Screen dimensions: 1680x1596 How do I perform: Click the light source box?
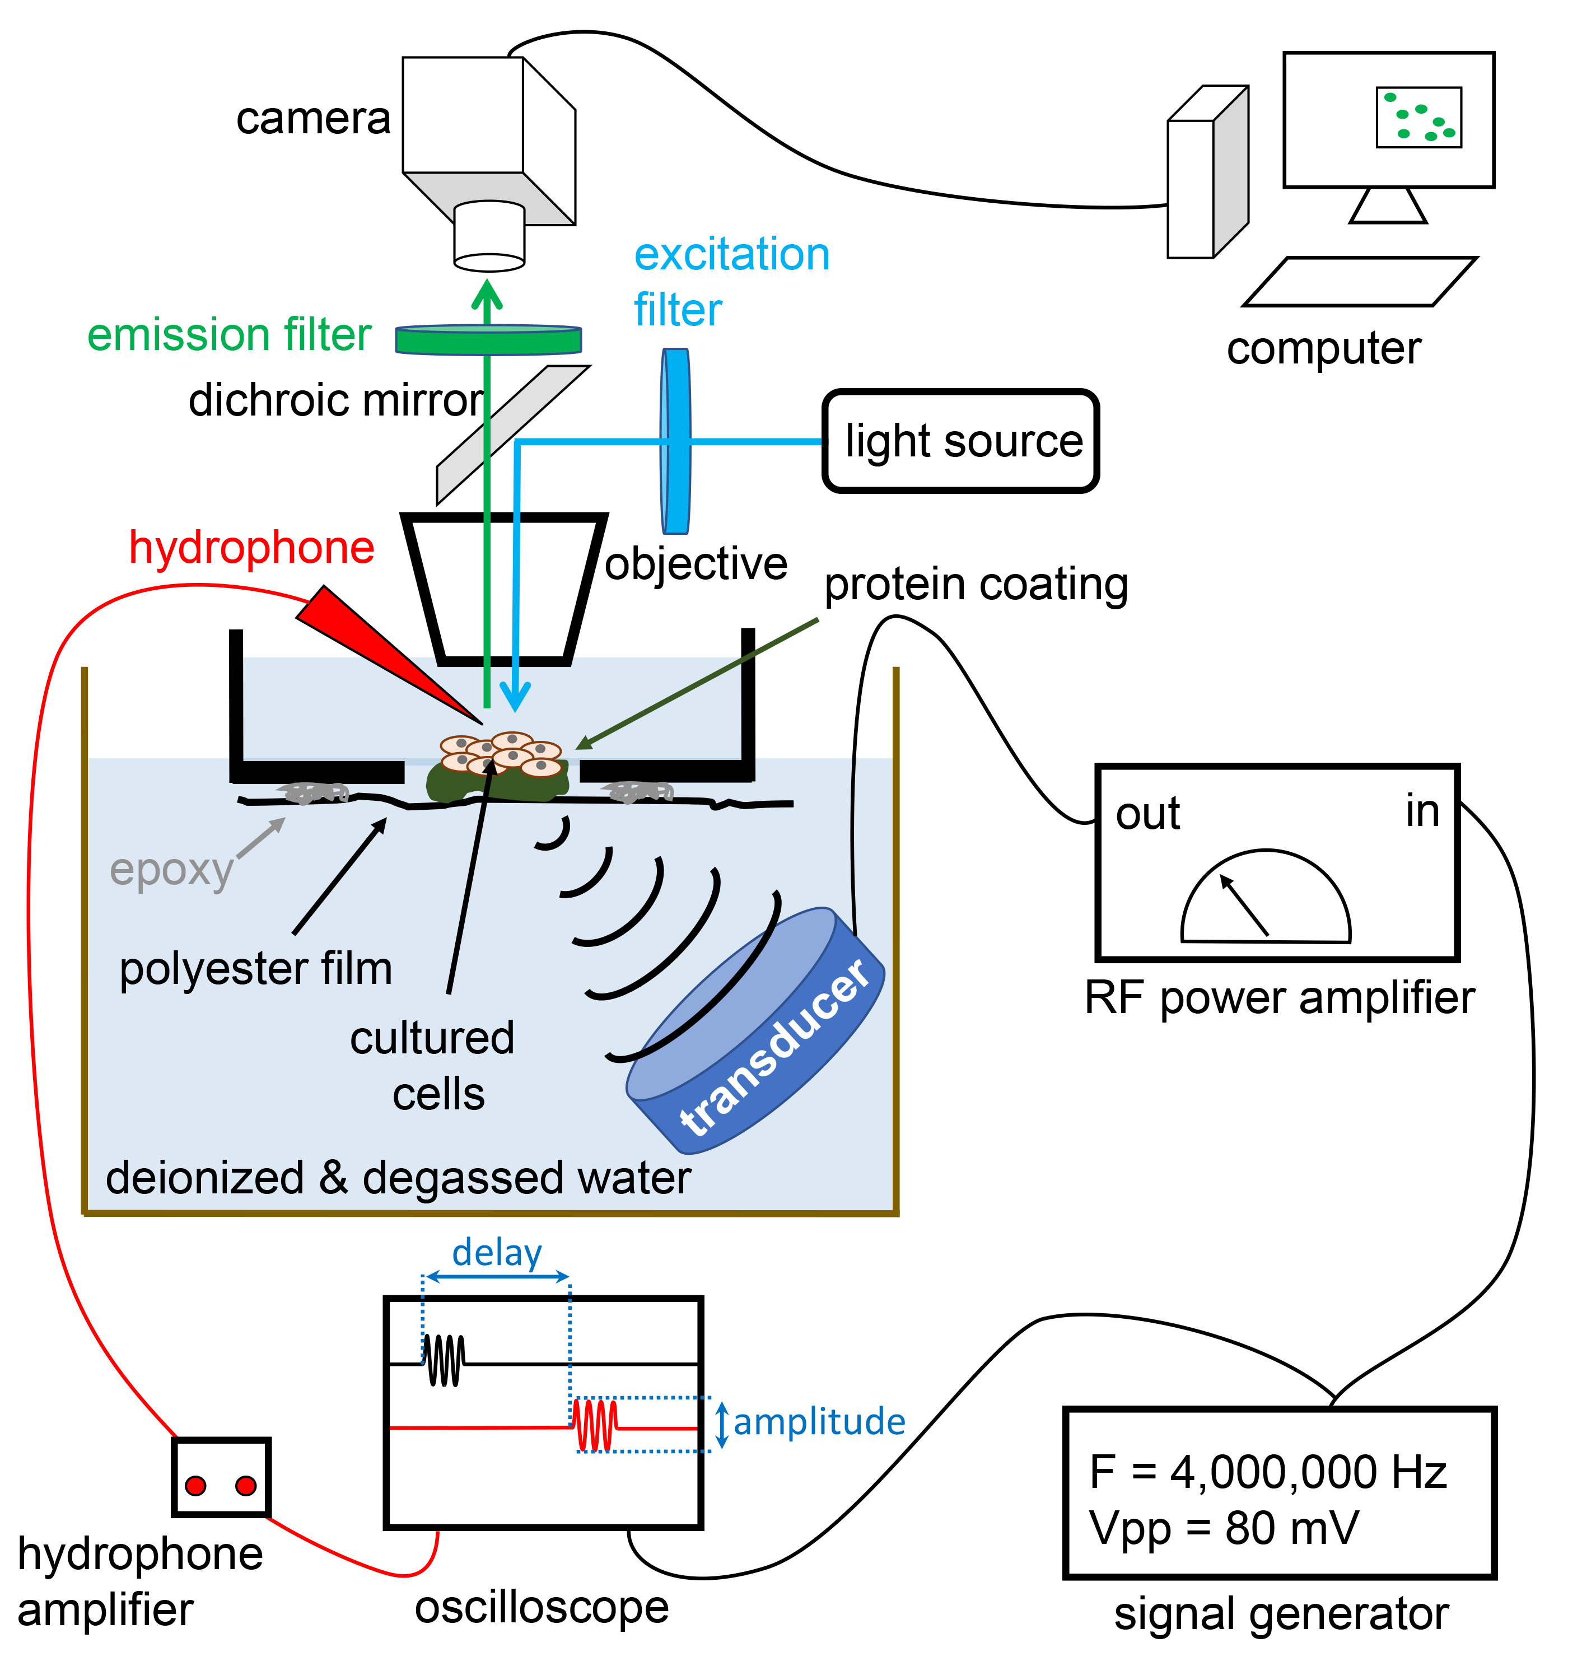click(962, 441)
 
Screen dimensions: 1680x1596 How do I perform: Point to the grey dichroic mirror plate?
click(513, 434)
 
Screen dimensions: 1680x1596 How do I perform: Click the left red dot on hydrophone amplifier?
click(195, 1486)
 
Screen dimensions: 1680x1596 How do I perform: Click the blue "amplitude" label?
click(819, 1422)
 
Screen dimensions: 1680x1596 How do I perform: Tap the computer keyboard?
click(1360, 282)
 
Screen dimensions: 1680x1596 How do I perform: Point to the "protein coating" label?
click(976, 585)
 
